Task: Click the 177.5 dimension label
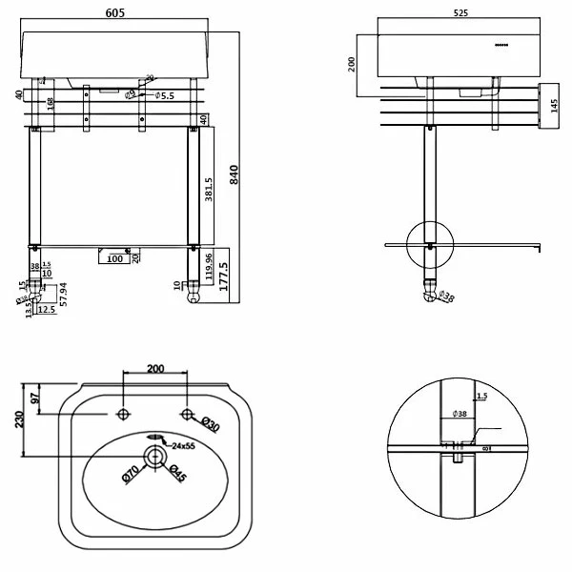(x=223, y=276)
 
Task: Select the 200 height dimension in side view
(x=353, y=64)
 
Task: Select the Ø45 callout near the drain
(x=177, y=472)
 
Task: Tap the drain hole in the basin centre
(x=153, y=457)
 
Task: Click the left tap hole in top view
(x=122, y=415)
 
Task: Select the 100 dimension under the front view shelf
(x=115, y=258)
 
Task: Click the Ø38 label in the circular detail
(x=460, y=414)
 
